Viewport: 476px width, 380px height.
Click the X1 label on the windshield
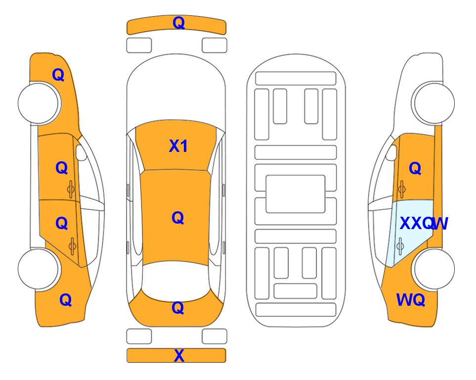[x=178, y=146]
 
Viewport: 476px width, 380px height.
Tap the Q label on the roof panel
[x=178, y=218]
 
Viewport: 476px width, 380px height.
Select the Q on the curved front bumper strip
[x=179, y=23]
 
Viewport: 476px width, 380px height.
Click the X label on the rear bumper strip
[x=179, y=356]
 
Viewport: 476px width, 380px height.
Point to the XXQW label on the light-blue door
[x=424, y=224]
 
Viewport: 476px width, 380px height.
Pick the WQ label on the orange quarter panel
[x=411, y=300]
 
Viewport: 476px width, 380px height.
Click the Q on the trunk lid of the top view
[x=178, y=308]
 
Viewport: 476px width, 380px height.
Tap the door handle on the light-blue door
[x=400, y=246]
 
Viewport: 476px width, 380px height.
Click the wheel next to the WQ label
[x=433, y=269]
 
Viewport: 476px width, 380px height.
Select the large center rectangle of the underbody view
[x=296, y=194]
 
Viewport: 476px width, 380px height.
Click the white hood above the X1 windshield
[x=176, y=88]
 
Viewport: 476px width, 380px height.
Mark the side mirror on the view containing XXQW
[x=391, y=152]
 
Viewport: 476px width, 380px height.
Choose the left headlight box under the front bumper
[x=139, y=46]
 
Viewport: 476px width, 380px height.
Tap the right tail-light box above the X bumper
[x=215, y=336]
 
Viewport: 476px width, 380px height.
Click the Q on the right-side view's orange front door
[x=415, y=168]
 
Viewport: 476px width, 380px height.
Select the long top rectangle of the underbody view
[x=296, y=79]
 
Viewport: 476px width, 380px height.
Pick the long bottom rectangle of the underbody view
[x=296, y=309]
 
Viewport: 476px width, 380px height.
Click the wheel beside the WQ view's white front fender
[x=433, y=103]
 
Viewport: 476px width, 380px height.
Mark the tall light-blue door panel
[x=408, y=233]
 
